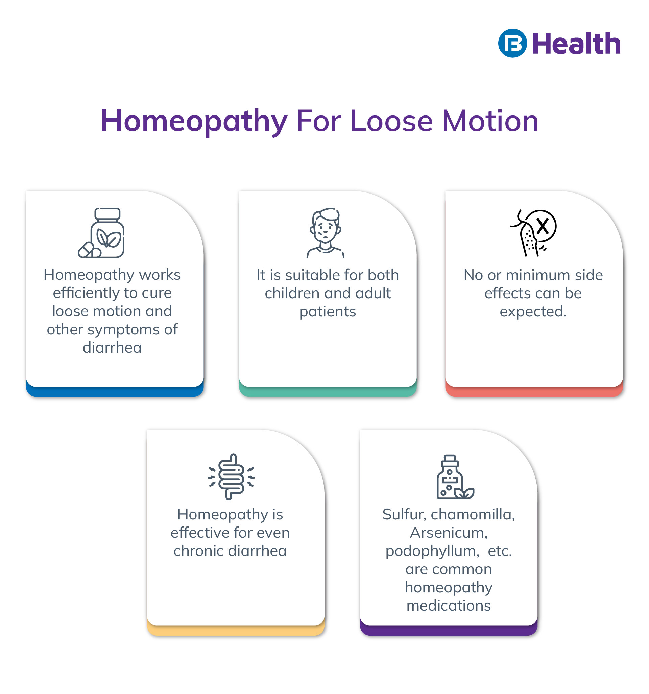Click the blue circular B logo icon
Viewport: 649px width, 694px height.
tap(512, 43)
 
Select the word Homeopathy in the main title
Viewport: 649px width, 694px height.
tap(193, 121)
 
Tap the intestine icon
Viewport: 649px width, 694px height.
tap(231, 477)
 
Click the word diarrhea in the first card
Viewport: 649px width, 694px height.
tap(112, 348)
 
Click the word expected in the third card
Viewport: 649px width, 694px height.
tap(532, 311)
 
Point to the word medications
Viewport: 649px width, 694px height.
tap(449, 605)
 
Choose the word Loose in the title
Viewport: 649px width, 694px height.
tap(391, 121)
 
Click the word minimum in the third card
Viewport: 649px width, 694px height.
tap(538, 275)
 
